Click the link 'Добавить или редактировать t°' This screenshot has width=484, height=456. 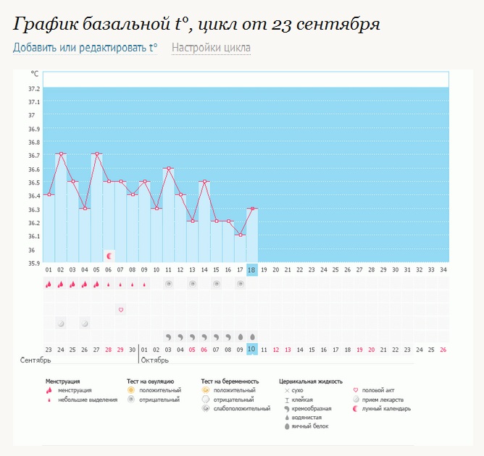pyautogui.click(x=85, y=48)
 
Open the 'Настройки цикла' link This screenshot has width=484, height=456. pyautogui.click(x=212, y=48)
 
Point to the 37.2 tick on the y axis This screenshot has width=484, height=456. pyautogui.click(x=34, y=88)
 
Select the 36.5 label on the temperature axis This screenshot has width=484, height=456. pyautogui.click(x=34, y=182)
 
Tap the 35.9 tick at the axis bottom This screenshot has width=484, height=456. pyautogui.click(x=34, y=263)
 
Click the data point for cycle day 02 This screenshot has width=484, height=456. pyautogui.click(x=61, y=154)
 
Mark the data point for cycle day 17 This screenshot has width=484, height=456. pyautogui.click(x=240, y=235)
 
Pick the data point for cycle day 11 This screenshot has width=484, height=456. pyautogui.click(x=168, y=168)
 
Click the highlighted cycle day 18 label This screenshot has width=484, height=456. pyautogui.click(x=252, y=269)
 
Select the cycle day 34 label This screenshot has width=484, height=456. pyautogui.click(x=443, y=269)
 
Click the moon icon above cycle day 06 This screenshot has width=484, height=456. pyautogui.click(x=109, y=256)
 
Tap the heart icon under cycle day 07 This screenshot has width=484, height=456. pyautogui.click(x=121, y=310)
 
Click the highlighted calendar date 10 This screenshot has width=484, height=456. pyautogui.click(x=252, y=349)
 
